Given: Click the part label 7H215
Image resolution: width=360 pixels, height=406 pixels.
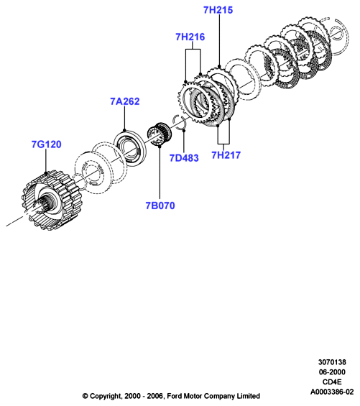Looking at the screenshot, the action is click(218, 10).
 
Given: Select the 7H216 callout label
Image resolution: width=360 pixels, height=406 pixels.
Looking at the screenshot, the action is click(190, 37).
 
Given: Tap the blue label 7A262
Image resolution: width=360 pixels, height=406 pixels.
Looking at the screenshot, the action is click(125, 101).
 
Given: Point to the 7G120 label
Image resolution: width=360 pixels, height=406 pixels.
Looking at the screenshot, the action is click(47, 144).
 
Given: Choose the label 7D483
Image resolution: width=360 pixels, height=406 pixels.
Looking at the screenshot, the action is click(184, 157).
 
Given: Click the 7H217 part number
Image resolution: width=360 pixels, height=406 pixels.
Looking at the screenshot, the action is click(226, 154).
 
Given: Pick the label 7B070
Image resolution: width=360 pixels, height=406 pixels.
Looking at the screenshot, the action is click(160, 206).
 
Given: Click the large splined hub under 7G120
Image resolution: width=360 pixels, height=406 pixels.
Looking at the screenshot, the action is click(49, 200).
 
